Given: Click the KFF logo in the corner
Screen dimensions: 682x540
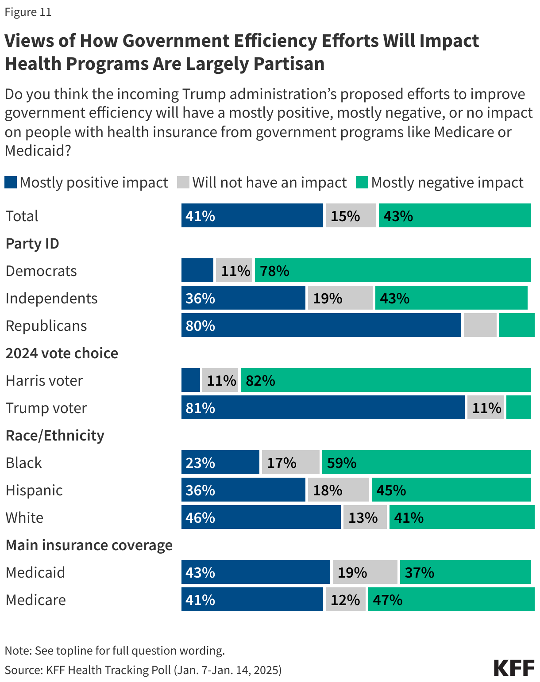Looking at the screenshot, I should tap(514, 668).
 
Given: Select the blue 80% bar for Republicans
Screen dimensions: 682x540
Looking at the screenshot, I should tap(321, 325).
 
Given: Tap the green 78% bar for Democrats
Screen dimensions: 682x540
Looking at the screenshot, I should tap(393, 270).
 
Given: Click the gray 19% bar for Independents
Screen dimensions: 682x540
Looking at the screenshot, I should tap(340, 298).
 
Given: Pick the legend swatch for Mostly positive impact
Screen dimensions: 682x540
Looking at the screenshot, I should tap(11, 182).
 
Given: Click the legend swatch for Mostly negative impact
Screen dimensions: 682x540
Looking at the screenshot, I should tap(362, 182).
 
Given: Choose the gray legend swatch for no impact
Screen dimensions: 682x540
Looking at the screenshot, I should tap(183, 182).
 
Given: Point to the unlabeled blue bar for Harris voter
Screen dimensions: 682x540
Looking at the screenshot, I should tap(191, 380).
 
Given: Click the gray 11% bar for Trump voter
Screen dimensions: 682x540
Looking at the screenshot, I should tap(486, 407).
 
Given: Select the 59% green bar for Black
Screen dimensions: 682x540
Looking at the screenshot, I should tap(426, 462).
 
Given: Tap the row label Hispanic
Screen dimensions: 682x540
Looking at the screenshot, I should tap(34, 490).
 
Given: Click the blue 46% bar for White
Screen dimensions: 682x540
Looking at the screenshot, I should tap(261, 517).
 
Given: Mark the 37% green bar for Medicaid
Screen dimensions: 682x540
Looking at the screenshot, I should tap(465, 572).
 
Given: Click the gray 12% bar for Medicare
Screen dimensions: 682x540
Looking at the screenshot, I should tap(345, 599).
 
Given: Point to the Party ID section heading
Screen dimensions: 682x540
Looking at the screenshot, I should tap(32, 243).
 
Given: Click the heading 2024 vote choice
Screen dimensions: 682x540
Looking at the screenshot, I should tap(62, 353).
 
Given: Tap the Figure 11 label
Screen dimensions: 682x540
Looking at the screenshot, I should tap(28, 12).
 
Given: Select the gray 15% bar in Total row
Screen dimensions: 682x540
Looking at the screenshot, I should tap(351, 215).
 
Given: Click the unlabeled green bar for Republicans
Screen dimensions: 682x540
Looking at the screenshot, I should tap(517, 325).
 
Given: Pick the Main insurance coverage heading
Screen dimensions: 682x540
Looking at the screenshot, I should tap(89, 545).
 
